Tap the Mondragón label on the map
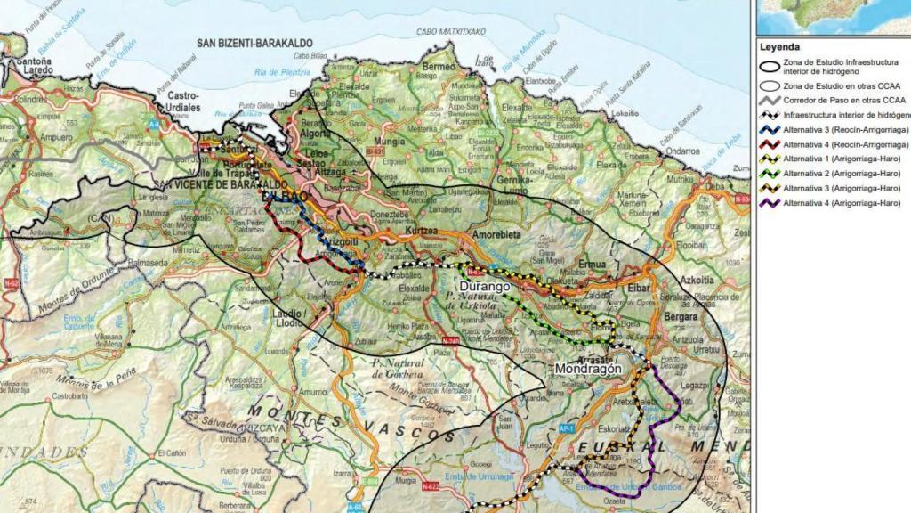[x=585, y=368]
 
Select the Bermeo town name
[x=438, y=67]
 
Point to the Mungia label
[x=389, y=141]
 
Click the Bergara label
[x=681, y=317]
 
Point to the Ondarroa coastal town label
[x=682, y=151]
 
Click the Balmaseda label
[x=148, y=263]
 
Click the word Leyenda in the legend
[x=779, y=47]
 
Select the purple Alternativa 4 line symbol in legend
[x=769, y=202]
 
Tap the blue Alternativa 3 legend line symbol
[x=769, y=130]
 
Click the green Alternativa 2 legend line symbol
[x=769, y=174]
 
